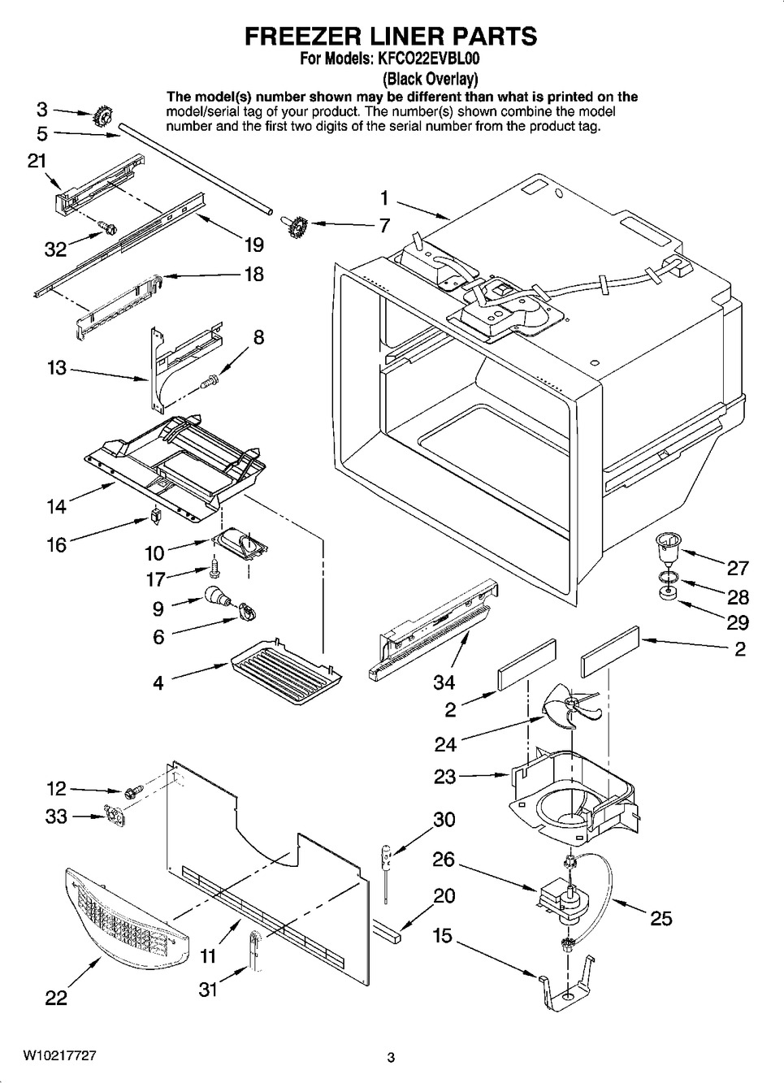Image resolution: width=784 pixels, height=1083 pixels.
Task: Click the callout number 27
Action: click(738, 568)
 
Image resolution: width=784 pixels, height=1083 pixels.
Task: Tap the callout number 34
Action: click(444, 682)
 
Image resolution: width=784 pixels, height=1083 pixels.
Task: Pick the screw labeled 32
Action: click(106, 226)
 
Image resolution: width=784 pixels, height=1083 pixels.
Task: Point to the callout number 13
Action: click(57, 368)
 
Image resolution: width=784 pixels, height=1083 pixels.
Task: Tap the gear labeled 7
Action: click(295, 223)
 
